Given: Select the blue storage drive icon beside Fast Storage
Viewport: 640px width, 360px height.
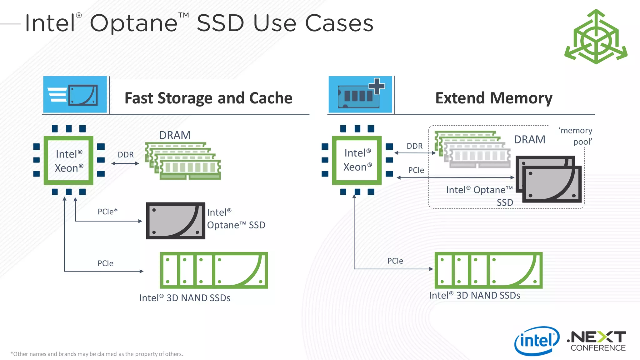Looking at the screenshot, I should point(75,95).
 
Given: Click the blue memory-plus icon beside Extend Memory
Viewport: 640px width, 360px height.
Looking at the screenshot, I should point(360,95).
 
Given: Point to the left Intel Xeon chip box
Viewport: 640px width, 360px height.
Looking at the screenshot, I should point(68,161).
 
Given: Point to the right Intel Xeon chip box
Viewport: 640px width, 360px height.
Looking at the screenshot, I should point(357,160).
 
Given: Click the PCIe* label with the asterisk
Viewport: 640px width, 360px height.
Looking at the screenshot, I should point(107,212).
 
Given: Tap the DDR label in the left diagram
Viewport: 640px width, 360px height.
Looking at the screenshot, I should point(126,155).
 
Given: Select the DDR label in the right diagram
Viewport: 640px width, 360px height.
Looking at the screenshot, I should point(414,146).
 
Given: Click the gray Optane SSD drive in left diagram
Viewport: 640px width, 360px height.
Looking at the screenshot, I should point(176,221).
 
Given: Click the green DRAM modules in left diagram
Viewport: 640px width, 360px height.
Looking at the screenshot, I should point(183,161).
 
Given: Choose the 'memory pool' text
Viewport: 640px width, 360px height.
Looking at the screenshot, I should point(576,136).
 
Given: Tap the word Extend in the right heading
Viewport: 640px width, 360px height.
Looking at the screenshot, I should point(461,98).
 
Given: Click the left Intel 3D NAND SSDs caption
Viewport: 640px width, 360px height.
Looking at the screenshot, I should point(185,298).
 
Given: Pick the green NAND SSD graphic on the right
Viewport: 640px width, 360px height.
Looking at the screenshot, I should point(488,270).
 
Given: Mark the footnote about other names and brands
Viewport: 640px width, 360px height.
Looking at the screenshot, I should point(97,354).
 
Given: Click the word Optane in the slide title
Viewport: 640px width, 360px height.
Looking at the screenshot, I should point(134,23).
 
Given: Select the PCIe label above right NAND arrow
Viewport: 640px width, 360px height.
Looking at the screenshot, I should point(395,261).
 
